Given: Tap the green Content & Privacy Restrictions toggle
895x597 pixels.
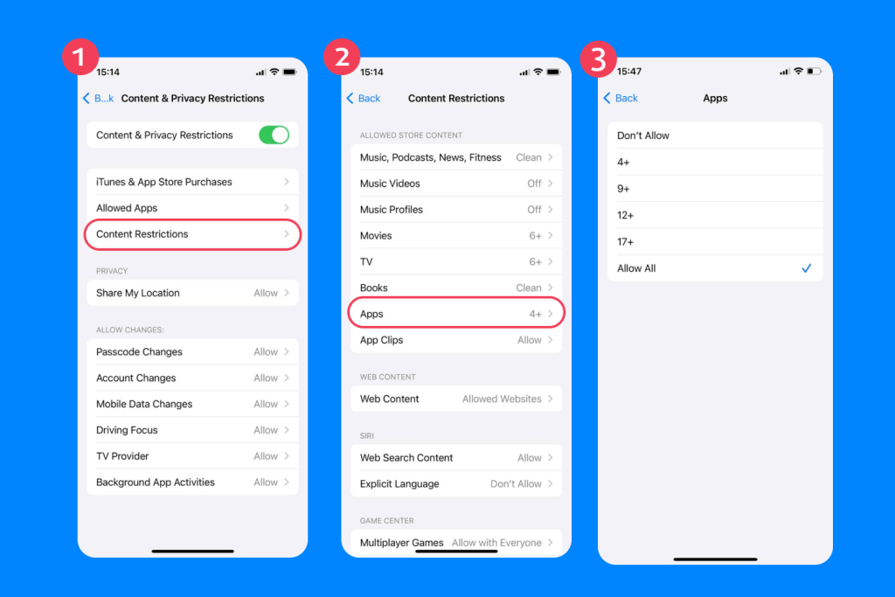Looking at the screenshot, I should click(274, 135).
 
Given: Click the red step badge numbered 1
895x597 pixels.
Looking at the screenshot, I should click(80, 58).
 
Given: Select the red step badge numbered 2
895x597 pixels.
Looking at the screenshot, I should click(343, 58).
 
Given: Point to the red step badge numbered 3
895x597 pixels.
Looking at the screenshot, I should click(599, 58).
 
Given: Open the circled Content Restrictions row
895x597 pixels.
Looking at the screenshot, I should click(192, 234).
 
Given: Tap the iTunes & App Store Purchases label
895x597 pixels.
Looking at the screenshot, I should click(164, 182).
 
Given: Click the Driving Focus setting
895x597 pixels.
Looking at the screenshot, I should click(127, 430).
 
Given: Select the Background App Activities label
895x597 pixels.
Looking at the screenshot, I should click(156, 482).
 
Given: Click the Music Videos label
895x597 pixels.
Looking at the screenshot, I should click(390, 184).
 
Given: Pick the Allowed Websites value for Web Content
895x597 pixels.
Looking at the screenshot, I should click(502, 399).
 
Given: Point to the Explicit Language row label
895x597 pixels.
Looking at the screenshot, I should click(399, 483).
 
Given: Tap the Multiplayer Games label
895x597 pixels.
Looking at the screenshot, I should click(402, 543).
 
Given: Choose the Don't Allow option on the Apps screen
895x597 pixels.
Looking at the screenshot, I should click(643, 135).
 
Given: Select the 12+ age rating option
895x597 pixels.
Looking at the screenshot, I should click(626, 215).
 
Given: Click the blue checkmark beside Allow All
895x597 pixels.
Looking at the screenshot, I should click(806, 268).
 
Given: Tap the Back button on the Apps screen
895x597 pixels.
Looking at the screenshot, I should click(621, 98).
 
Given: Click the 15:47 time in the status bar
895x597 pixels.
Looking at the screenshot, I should click(628, 72).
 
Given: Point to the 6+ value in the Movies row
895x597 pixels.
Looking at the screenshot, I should click(535, 236).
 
